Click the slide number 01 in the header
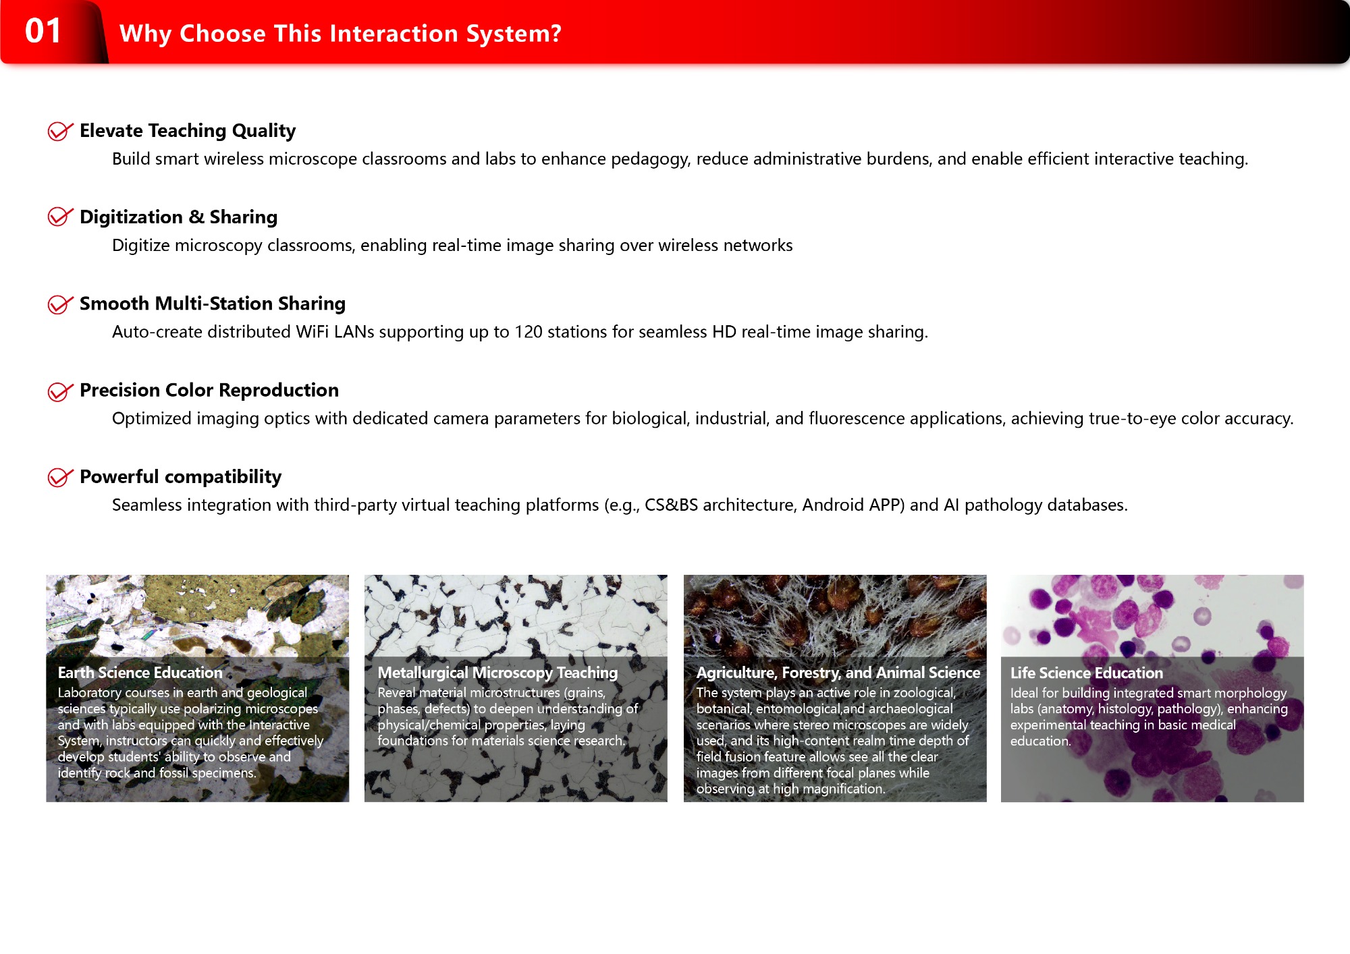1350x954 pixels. (43, 31)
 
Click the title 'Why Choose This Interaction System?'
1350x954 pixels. (340, 34)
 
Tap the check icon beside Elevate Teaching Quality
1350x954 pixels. (60, 131)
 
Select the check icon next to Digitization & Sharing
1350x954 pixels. (60, 217)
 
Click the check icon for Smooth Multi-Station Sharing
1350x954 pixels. (60, 304)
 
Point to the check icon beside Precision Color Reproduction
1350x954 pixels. (60, 391)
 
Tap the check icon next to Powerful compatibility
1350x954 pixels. (60, 477)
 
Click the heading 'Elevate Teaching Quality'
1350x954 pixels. (188, 131)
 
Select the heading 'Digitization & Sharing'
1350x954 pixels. (178, 217)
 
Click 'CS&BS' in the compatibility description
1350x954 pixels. (671, 505)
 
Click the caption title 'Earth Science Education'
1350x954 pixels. (140, 673)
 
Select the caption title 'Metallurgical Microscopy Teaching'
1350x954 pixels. (497, 673)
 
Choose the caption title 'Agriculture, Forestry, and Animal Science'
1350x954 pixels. (838, 673)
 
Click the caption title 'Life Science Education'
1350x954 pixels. (1086, 673)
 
